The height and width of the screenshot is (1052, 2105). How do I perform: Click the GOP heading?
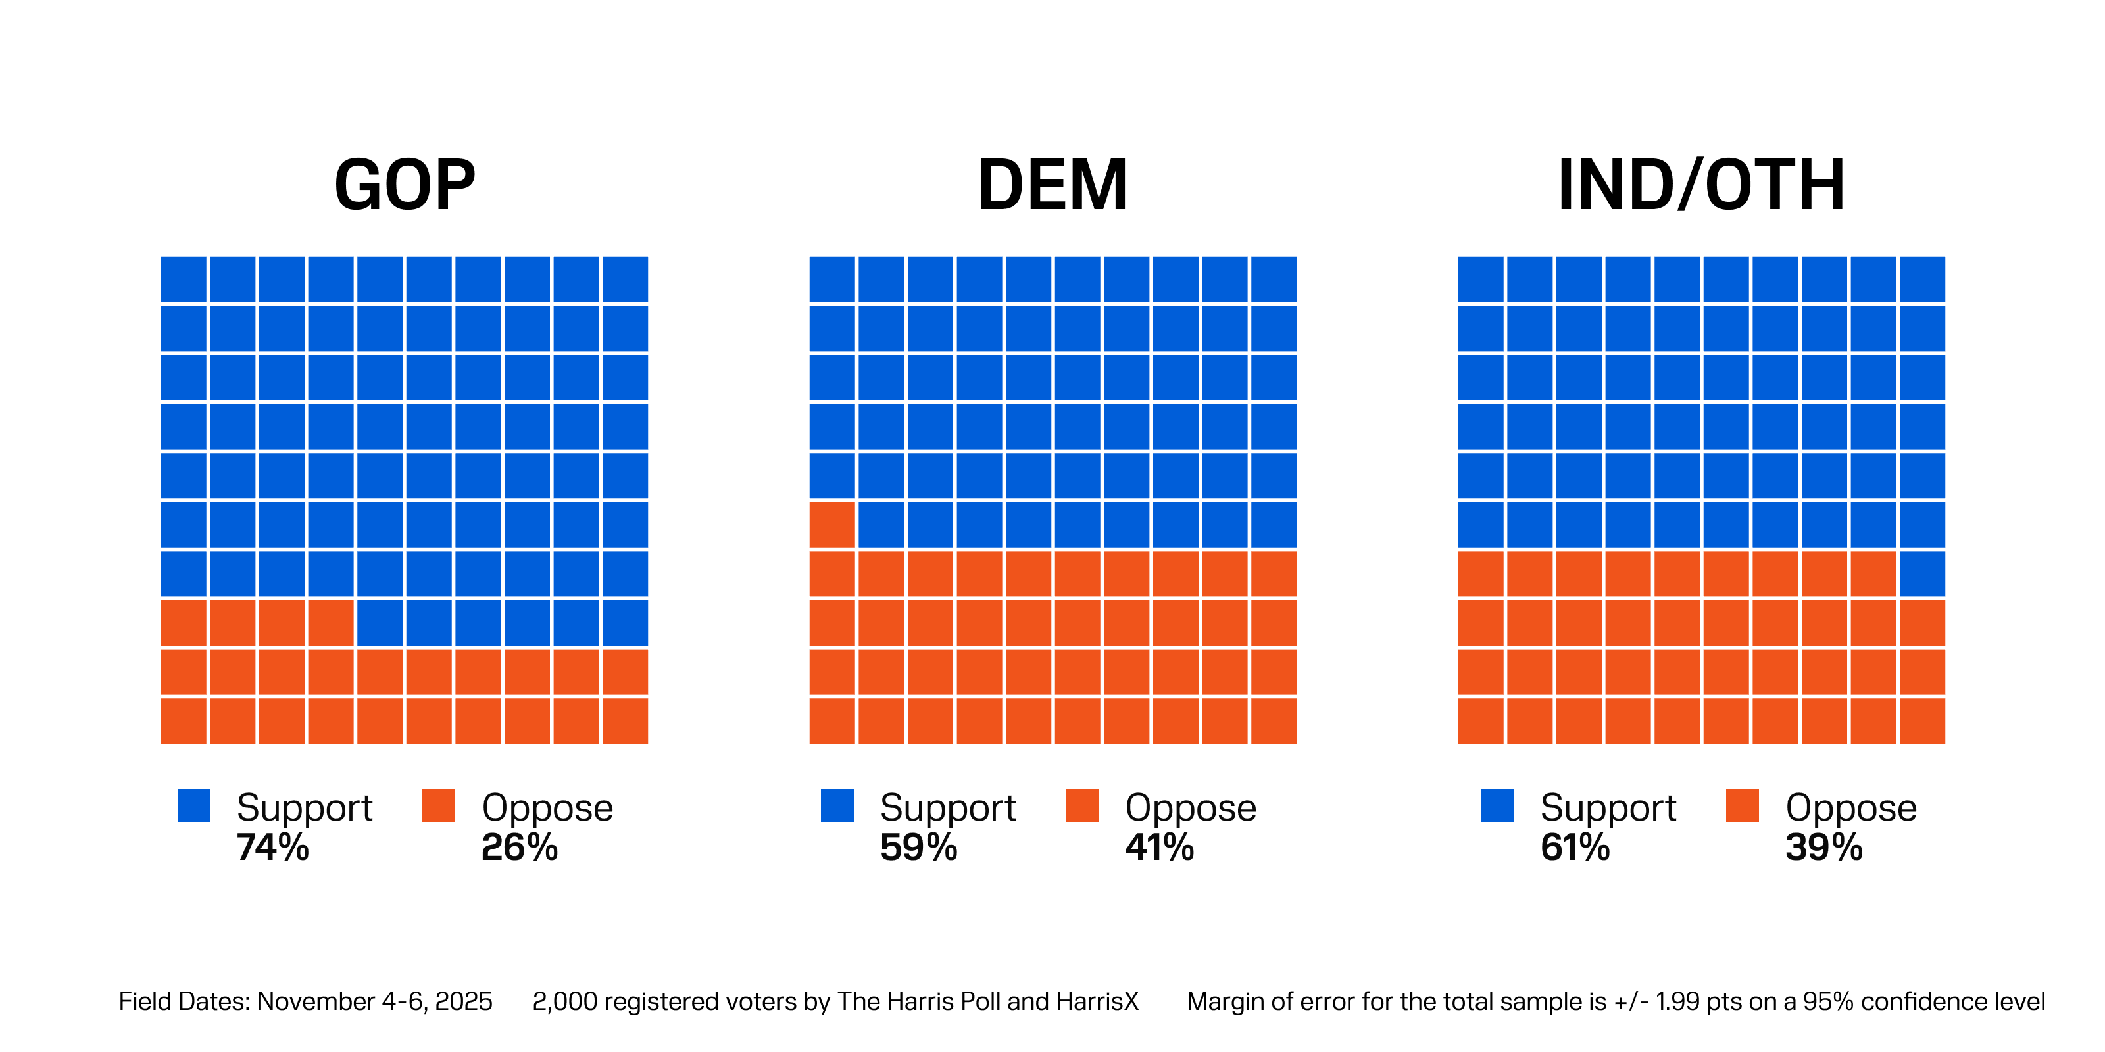click(405, 185)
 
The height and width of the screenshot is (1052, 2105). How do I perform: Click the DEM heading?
click(1052, 185)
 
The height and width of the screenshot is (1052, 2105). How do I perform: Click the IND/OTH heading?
click(1700, 185)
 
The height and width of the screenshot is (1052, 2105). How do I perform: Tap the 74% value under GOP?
click(273, 848)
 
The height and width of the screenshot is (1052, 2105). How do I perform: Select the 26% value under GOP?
click(520, 848)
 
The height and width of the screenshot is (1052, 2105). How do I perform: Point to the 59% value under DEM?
click(918, 848)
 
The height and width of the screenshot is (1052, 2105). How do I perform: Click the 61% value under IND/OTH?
click(1575, 848)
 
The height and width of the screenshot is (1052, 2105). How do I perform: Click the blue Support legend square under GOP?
click(193, 805)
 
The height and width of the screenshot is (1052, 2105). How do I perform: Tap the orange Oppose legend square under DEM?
click(1082, 805)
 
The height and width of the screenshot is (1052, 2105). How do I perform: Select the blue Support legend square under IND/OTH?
click(1497, 805)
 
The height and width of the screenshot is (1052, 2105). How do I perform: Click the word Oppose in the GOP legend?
click(547, 808)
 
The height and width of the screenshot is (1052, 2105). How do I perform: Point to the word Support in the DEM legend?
click(948, 808)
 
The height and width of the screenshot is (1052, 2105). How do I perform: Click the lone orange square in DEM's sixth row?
click(832, 525)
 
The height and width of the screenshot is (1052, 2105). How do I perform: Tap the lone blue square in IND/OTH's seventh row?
click(1922, 573)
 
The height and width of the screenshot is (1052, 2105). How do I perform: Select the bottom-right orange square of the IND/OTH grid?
click(1922, 721)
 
